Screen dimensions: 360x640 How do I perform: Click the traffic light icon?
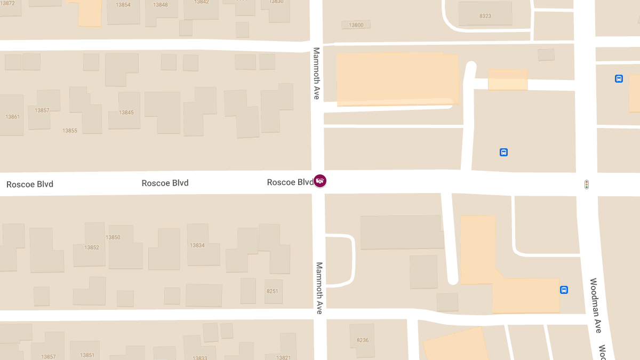(x=587, y=185)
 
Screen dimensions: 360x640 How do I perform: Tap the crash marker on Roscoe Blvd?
(x=320, y=181)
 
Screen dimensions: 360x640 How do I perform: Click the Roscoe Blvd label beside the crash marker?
(x=290, y=182)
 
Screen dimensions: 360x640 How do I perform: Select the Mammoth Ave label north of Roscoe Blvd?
(x=316, y=73)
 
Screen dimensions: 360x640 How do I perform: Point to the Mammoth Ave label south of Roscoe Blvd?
(x=319, y=287)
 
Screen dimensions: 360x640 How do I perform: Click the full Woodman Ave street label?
(x=595, y=306)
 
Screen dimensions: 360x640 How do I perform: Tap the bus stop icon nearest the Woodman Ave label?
(x=564, y=290)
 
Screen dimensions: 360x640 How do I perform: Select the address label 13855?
(x=70, y=131)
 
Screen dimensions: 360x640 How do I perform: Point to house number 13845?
(x=126, y=113)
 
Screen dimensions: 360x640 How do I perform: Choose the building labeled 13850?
(x=113, y=237)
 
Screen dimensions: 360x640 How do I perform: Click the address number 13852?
(x=92, y=247)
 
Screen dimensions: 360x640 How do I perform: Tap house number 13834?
(x=197, y=245)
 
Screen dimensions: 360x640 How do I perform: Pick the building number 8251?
(x=273, y=291)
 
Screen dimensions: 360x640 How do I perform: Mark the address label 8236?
(x=363, y=340)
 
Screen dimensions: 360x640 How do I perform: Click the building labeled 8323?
(x=485, y=16)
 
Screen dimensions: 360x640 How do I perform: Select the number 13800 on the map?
(x=356, y=25)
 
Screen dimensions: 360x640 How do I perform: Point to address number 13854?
(x=123, y=5)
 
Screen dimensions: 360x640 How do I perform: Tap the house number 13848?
(x=161, y=5)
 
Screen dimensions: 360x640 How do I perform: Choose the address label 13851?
(x=87, y=355)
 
